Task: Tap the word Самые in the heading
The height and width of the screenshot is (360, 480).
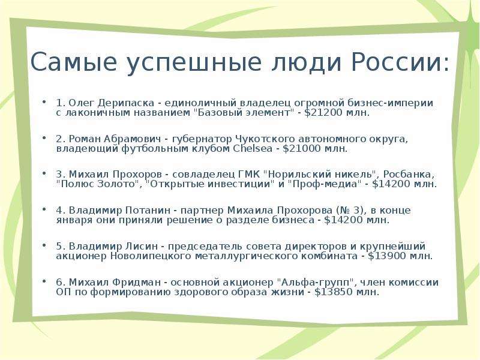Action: pyautogui.click(x=74, y=62)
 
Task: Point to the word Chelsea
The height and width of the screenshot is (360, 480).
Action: pyautogui.click(x=253, y=149)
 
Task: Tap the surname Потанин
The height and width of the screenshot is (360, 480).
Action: pyautogui.click(x=148, y=211)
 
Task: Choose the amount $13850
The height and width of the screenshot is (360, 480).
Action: pyautogui.click(x=334, y=292)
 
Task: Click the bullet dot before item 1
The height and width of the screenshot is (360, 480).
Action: pyautogui.click(x=44, y=101)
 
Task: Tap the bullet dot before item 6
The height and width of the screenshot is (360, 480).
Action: pyautogui.click(x=44, y=281)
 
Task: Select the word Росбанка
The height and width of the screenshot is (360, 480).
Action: pyautogui.click(x=409, y=175)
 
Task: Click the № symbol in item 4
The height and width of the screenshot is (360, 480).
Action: pyautogui.click(x=344, y=211)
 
